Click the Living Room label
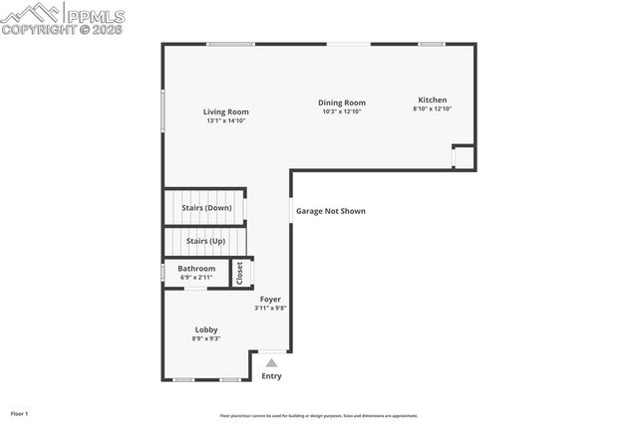(226, 111)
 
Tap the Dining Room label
(342, 103)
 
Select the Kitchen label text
(433, 100)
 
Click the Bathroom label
(196, 268)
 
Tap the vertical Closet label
(239, 273)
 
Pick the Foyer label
(270, 299)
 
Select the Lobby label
(206, 329)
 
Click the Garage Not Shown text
(331, 211)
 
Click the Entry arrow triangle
(271, 363)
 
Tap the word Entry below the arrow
(271, 376)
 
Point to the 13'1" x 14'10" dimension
(226, 120)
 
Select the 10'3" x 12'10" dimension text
(342, 111)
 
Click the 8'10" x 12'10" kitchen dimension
(433, 108)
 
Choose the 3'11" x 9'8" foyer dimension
(270, 308)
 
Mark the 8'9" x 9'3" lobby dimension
(206, 338)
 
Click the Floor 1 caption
(20, 412)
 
